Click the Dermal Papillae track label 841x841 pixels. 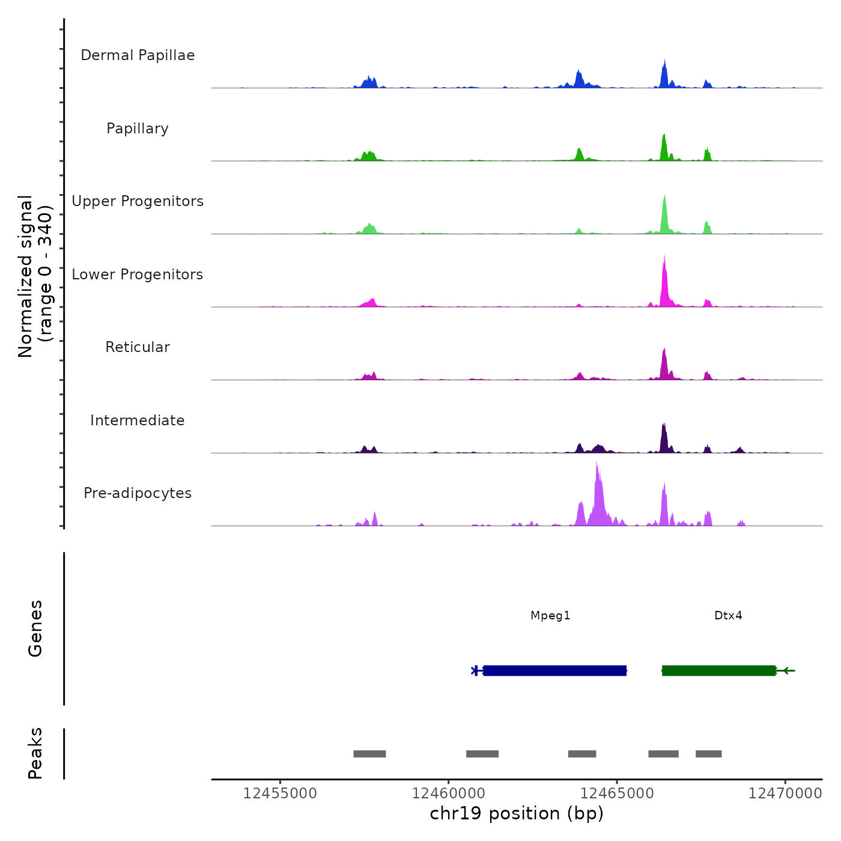click(138, 55)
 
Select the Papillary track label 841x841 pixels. click(138, 129)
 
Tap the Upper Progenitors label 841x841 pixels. click(138, 201)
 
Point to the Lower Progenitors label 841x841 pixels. click(138, 275)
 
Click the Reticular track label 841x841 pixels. click(138, 347)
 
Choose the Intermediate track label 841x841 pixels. click(138, 421)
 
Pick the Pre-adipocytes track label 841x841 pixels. click(138, 493)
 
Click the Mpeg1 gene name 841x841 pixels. click(550, 616)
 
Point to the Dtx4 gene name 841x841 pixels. click(728, 616)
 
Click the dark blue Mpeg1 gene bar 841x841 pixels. click(555, 670)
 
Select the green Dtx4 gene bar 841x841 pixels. click(718, 670)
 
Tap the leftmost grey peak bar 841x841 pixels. click(369, 754)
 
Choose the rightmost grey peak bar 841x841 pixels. click(709, 754)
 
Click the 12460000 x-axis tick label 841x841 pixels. click(449, 794)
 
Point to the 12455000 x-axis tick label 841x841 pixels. click(280, 794)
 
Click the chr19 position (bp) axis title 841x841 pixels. click(517, 814)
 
